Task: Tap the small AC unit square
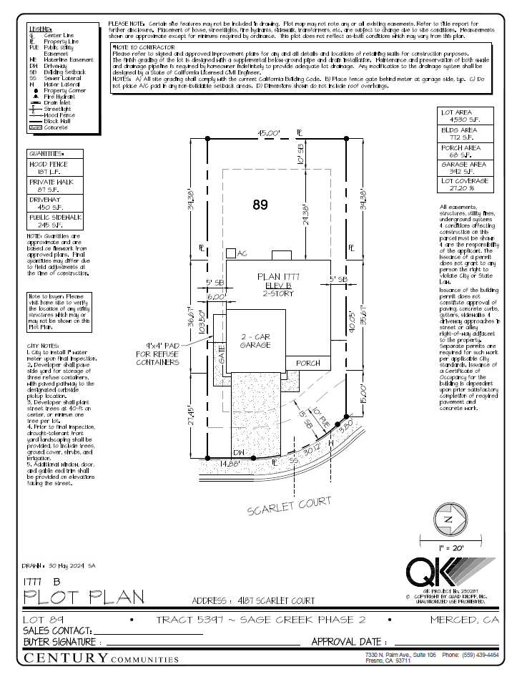pyautogui.click(x=231, y=253)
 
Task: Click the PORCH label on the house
pyautogui.click(x=308, y=363)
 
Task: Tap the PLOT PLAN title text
pyautogui.click(x=84, y=596)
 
